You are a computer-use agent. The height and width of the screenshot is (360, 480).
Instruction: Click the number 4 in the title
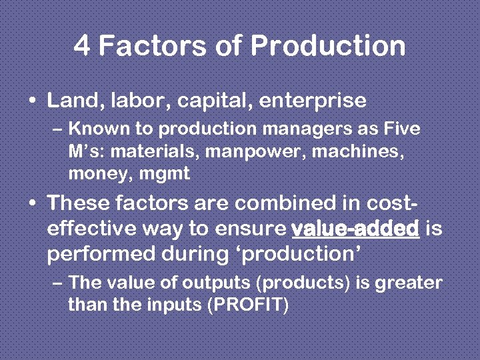pyautogui.click(x=82, y=46)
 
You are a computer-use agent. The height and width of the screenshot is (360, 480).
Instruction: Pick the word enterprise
pyautogui.click(x=313, y=101)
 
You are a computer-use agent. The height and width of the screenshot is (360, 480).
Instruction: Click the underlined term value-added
pyautogui.click(x=355, y=229)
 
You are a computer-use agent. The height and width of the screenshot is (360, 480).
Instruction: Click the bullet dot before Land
pyautogui.click(x=33, y=101)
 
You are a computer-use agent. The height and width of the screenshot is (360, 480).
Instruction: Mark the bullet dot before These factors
pyautogui.click(x=33, y=202)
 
